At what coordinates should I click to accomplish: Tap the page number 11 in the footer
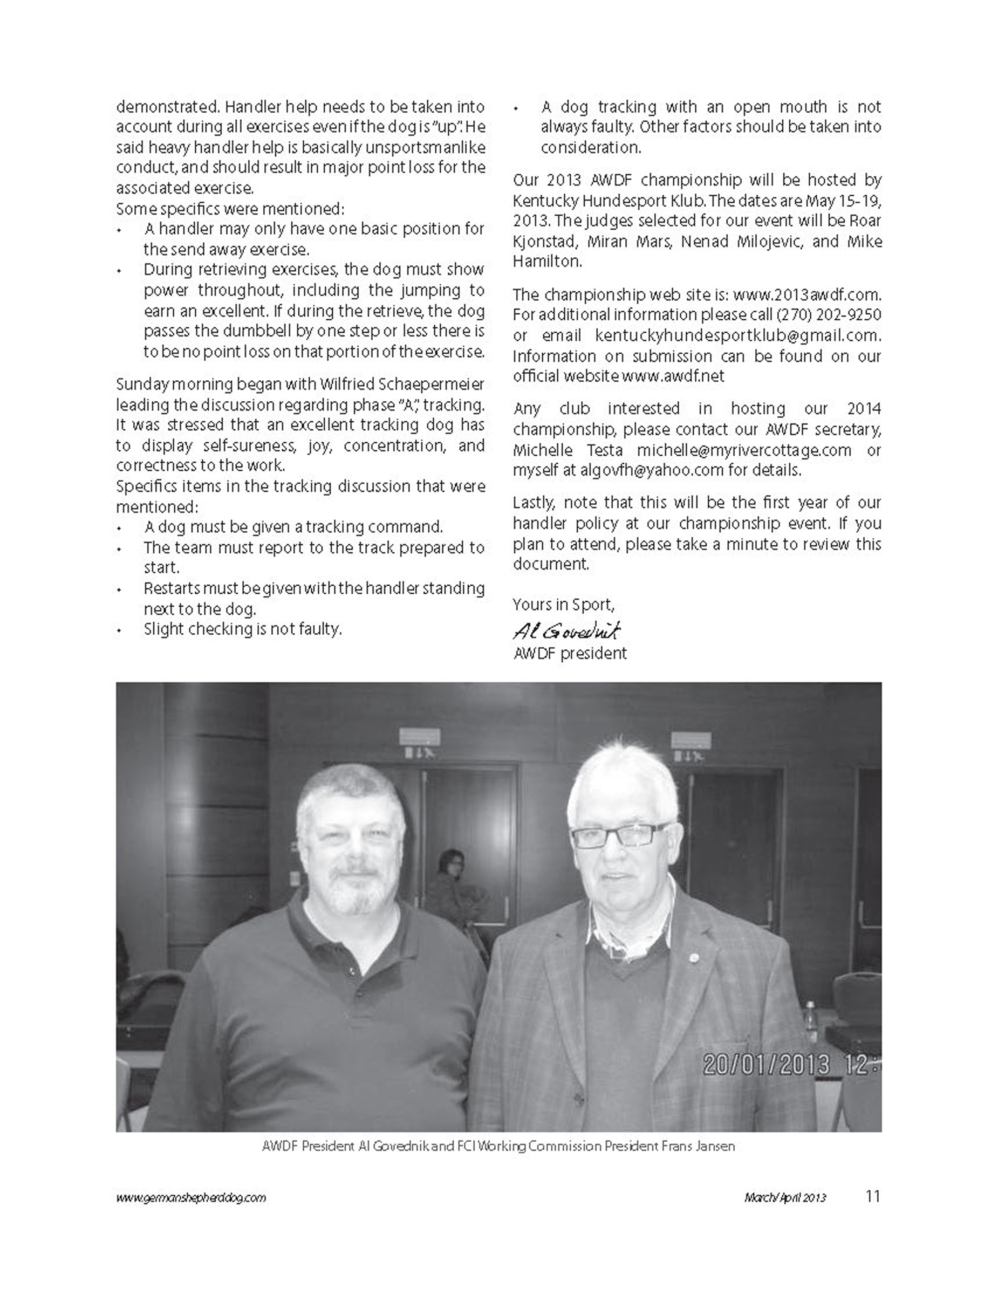pos(872,1196)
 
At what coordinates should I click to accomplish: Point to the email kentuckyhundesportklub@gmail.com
pos(737,335)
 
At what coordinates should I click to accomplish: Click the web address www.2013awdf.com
pos(806,294)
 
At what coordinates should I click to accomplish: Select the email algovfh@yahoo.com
pos(651,470)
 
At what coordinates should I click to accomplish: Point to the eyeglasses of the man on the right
pos(620,835)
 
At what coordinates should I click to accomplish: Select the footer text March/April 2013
pos(785,1198)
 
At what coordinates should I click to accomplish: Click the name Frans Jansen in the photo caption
pos(698,1146)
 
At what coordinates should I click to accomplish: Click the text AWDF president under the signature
pos(570,653)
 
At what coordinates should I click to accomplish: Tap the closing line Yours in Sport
pos(563,605)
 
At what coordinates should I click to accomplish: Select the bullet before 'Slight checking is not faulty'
pos(119,630)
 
